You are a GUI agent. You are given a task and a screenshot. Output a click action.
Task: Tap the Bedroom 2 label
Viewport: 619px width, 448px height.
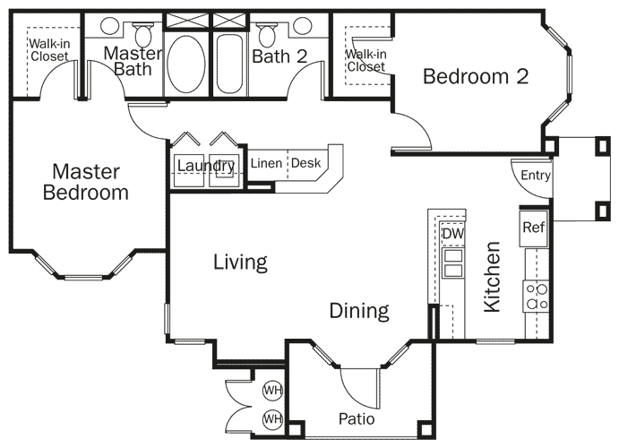475,77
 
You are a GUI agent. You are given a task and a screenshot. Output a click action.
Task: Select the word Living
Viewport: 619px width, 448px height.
240,263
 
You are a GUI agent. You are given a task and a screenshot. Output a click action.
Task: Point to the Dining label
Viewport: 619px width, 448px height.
358,312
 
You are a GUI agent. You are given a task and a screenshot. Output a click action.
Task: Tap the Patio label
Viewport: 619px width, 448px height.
356,418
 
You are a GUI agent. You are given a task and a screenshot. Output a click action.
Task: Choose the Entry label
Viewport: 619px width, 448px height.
535,176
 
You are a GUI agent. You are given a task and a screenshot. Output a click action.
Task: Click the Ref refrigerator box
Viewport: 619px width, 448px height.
534,228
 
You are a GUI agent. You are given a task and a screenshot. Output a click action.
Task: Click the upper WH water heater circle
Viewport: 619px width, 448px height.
271,391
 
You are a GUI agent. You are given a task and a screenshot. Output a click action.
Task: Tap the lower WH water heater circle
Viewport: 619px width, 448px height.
271,418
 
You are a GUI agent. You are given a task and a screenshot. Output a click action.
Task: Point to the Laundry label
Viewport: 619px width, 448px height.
205,166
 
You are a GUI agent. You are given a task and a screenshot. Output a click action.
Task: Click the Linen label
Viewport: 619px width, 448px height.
266,164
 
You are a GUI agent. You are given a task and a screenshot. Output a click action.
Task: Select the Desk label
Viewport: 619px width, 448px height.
305,164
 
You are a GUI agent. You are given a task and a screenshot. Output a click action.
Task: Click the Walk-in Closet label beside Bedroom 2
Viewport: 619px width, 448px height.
365,60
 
